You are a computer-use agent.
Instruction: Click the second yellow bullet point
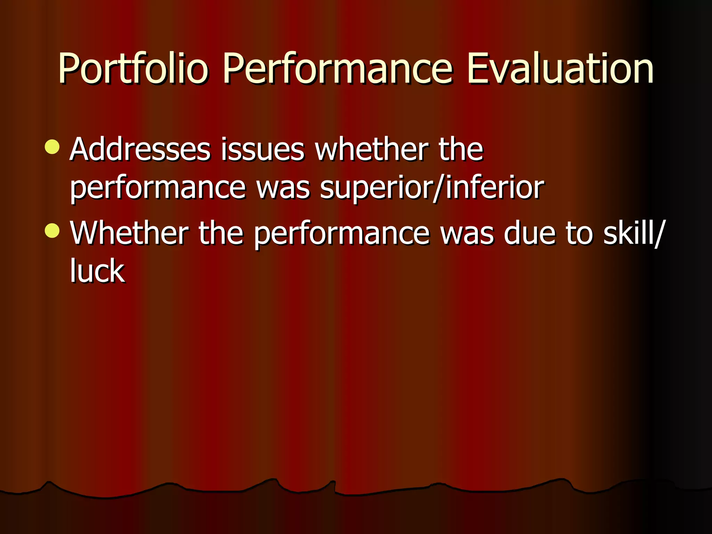pyautogui.click(x=52, y=231)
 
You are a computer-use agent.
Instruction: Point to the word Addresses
pyautogui.click(x=140, y=149)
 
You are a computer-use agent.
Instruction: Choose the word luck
pyautogui.click(x=97, y=271)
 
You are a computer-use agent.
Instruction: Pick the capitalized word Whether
pyautogui.click(x=129, y=233)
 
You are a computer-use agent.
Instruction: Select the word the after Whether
pyautogui.click(x=221, y=233)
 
